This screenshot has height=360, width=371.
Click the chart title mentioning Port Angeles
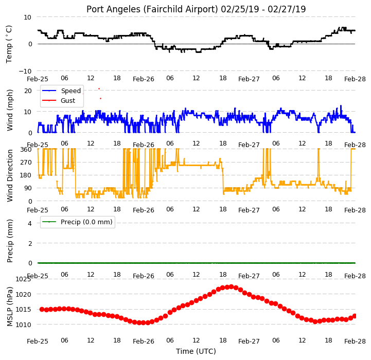pyautogui.click(x=196, y=9)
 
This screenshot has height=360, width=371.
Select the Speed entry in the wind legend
pyautogui.click(x=70, y=91)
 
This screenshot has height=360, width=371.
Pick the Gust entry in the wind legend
pyautogui.click(x=68, y=100)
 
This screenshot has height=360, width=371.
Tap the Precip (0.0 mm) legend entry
pyautogui.click(x=86, y=222)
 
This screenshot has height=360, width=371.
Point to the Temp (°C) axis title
pyautogui.click(x=9, y=44)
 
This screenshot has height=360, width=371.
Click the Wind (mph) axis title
pyautogui.click(x=9, y=110)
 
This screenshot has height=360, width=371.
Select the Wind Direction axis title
pyautogui.click(x=9, y=175)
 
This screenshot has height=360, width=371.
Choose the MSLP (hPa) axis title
pyautogui.click(x=9, y=307)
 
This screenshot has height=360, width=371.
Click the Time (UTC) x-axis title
pyautogui.click(x=196, y=351)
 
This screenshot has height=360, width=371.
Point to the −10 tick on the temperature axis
pyautogui.click(x=25, y=71)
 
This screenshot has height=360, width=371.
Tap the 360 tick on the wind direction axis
pyautogui.click(x=26, y=149)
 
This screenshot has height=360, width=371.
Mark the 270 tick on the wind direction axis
pyautogui.click(x=26, y=163)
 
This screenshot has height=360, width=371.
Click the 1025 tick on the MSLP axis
pyautogui.click(x=23, y=279)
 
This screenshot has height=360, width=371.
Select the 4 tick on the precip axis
pyautogui.click(x=29, y=223)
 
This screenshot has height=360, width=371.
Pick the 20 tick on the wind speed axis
pyautogui.click(x=28, y=91)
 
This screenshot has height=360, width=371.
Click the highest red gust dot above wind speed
pyautogui.click(x=99, y=88)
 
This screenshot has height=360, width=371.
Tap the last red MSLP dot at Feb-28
pyautogui.click(x=354, y=316)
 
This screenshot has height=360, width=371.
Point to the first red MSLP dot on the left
pyautogui.click(x=42, y=309)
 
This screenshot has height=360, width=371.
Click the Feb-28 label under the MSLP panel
pyautogui.click(x=355, y=341)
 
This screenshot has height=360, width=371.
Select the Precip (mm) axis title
pyautogui.click(x=9, y=241)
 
